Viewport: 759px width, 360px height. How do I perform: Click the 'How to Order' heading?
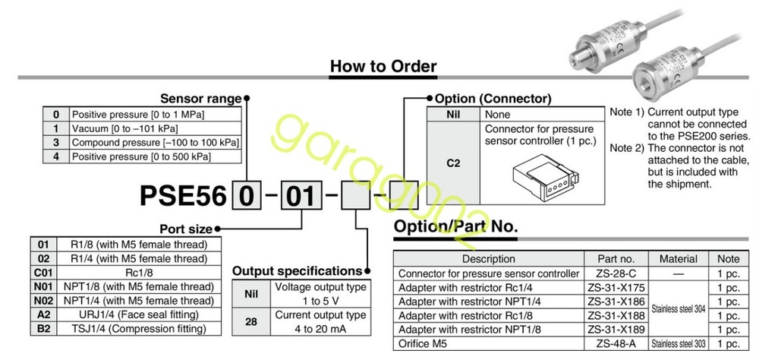pyautogui.click(x=383, y=67)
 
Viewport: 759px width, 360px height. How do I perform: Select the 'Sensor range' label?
pyautogui.click(x=200, y=98)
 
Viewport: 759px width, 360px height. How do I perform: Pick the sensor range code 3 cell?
pyautogui.click(x=55, y=142)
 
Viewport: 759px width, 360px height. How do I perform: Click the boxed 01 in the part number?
pyautogui.click(x=300, y=196)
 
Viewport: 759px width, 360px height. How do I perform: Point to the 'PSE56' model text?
pyautogui.click(x=183, y=197)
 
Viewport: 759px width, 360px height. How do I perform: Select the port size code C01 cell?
pyautogui.click(x=43, y=272)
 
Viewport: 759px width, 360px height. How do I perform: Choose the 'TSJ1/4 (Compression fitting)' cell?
pyautogui.click(x=143, y=328)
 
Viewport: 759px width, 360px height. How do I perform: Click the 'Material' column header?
pyautogui.click(x=678, y=259)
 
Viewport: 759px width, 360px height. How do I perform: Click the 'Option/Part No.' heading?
pyautogui.click(x=455, y=226)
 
